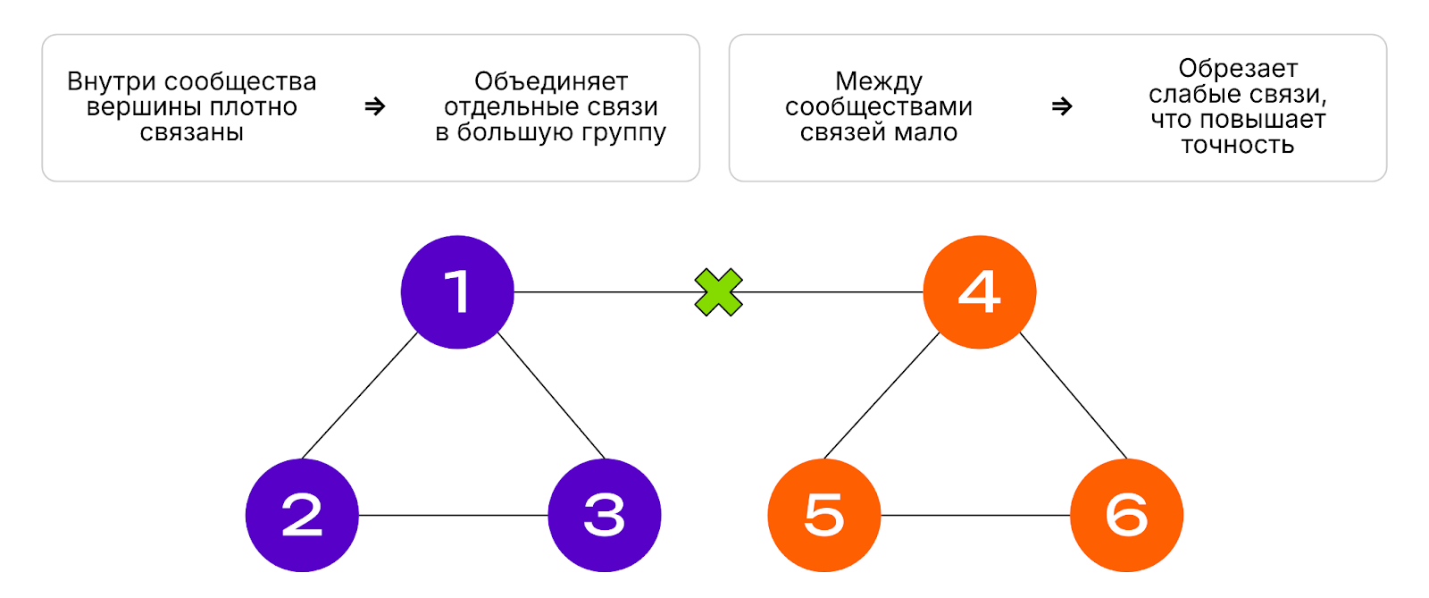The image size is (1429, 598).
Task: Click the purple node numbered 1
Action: point(457,291)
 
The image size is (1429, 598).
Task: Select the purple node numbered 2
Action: point(302,515)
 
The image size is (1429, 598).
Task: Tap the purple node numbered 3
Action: point(605,515)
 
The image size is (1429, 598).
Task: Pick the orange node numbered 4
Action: point(979,291)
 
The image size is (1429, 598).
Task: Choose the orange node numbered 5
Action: point(823,515)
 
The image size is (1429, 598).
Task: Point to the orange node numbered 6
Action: point(1126,515)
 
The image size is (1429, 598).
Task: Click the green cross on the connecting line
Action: point(719,292)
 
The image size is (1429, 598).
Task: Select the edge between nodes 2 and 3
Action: point(453,516)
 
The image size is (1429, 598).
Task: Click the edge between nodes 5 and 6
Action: point(975,516)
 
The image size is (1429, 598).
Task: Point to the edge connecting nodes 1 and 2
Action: point(360,396)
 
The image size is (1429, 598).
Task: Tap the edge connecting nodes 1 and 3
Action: point(551,396)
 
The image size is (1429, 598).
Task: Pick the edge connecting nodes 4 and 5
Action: point(882,396)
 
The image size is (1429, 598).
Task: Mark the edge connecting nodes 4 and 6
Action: point(1074,396)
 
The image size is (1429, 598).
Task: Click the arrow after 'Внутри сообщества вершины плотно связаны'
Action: point(375,106)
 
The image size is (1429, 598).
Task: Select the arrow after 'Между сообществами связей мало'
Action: point(1062,106)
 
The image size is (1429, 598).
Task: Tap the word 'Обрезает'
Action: point(1237,69)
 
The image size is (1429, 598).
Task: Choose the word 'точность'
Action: point(1237,145)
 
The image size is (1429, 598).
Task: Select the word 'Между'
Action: point(879,81)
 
